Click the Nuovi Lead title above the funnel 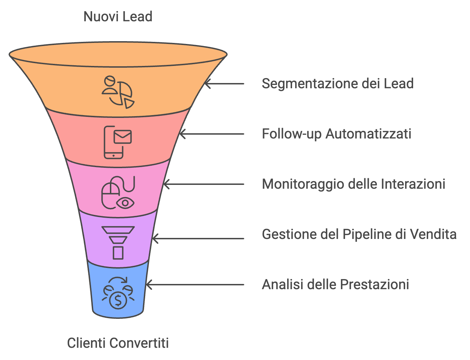pos(118,17)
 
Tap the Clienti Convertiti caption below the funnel pos(118,343)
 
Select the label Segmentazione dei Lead pos(337,84)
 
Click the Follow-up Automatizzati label pos(336,134)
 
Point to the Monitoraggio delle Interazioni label pos(353,184)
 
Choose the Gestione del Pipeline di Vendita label pos(359,234)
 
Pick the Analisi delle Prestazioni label pos(335,285)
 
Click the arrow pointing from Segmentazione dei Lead pos(224,84)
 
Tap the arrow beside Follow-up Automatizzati pos(211,134)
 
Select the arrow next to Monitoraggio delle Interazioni pos(203,184)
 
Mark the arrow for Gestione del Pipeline pos(198,239)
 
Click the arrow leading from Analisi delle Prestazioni pos(195,285)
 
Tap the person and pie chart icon pos(118,92)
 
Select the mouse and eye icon pos(118,193)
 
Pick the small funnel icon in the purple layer pos(118,243)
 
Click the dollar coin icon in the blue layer pos(118,293)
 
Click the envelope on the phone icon pos(122,137)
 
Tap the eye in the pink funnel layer pos(125,203)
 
